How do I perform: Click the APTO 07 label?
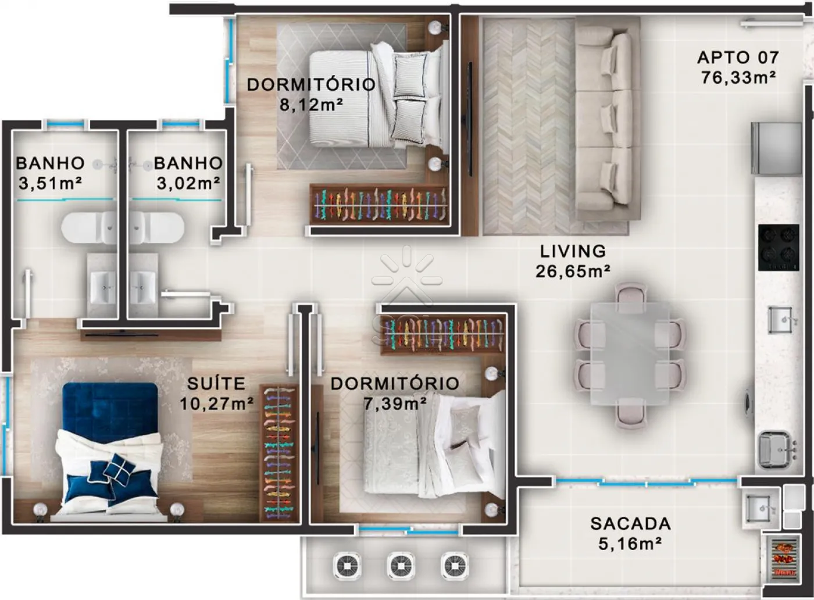click(738, 58)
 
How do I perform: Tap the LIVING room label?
click(573, 251)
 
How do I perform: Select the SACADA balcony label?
click(630, 524)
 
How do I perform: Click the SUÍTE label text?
click(216, 383)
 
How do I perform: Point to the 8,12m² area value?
click(311, 105)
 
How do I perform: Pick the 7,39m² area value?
click(395, 403)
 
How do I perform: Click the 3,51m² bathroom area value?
click(50, 183)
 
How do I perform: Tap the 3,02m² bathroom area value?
click(188, 183)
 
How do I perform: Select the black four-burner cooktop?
click(779, 248)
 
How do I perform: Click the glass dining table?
click(630, 353)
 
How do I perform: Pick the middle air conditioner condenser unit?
click(401, 566)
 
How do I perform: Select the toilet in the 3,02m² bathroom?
click(157, 228)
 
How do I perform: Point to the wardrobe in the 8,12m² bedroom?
click(379, 205)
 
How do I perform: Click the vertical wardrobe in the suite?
click(280, 453)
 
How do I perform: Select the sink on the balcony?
click(759, 508)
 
